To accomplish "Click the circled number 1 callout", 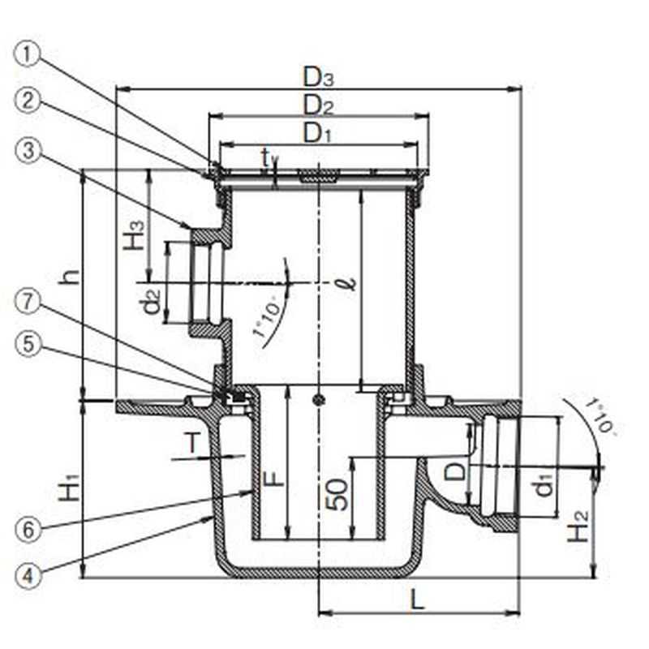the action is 28,55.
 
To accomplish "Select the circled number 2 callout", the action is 28,101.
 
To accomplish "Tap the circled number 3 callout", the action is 28,151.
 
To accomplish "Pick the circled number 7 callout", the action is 28,302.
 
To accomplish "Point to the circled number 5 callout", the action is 28,344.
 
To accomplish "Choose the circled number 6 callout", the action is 28,530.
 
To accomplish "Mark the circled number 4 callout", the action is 28,576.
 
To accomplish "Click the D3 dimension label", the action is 318,77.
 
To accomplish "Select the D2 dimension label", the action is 318,105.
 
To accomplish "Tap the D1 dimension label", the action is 317,133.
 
